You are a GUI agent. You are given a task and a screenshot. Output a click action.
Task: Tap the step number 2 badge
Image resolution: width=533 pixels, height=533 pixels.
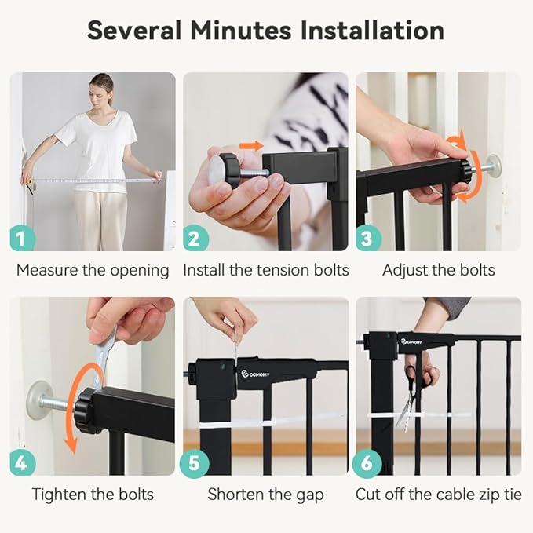pos(195,239)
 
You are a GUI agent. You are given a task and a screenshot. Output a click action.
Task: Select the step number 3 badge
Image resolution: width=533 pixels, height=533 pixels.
pos(368,239)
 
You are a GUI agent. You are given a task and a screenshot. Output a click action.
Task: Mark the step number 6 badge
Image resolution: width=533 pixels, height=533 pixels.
pos(367,462)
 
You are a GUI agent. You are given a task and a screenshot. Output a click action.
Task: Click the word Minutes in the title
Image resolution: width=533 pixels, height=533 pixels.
pos(241,31)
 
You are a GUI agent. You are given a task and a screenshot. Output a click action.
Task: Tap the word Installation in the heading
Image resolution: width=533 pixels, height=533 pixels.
pos(372,31)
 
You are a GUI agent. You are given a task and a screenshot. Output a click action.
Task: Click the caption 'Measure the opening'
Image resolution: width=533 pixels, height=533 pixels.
pos(93,271)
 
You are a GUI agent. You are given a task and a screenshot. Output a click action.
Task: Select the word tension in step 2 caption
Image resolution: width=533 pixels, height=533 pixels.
pos(285,270)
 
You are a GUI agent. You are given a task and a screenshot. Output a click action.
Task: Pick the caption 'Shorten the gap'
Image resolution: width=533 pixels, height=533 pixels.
pos(265,495)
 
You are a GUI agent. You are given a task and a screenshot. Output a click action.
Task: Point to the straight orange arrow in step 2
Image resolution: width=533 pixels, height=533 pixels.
pos(251,146)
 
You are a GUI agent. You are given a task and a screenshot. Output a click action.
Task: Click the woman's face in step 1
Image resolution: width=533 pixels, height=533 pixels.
pos(101,94)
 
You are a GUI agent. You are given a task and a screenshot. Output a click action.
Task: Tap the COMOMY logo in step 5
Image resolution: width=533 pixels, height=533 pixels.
pos(256,374)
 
